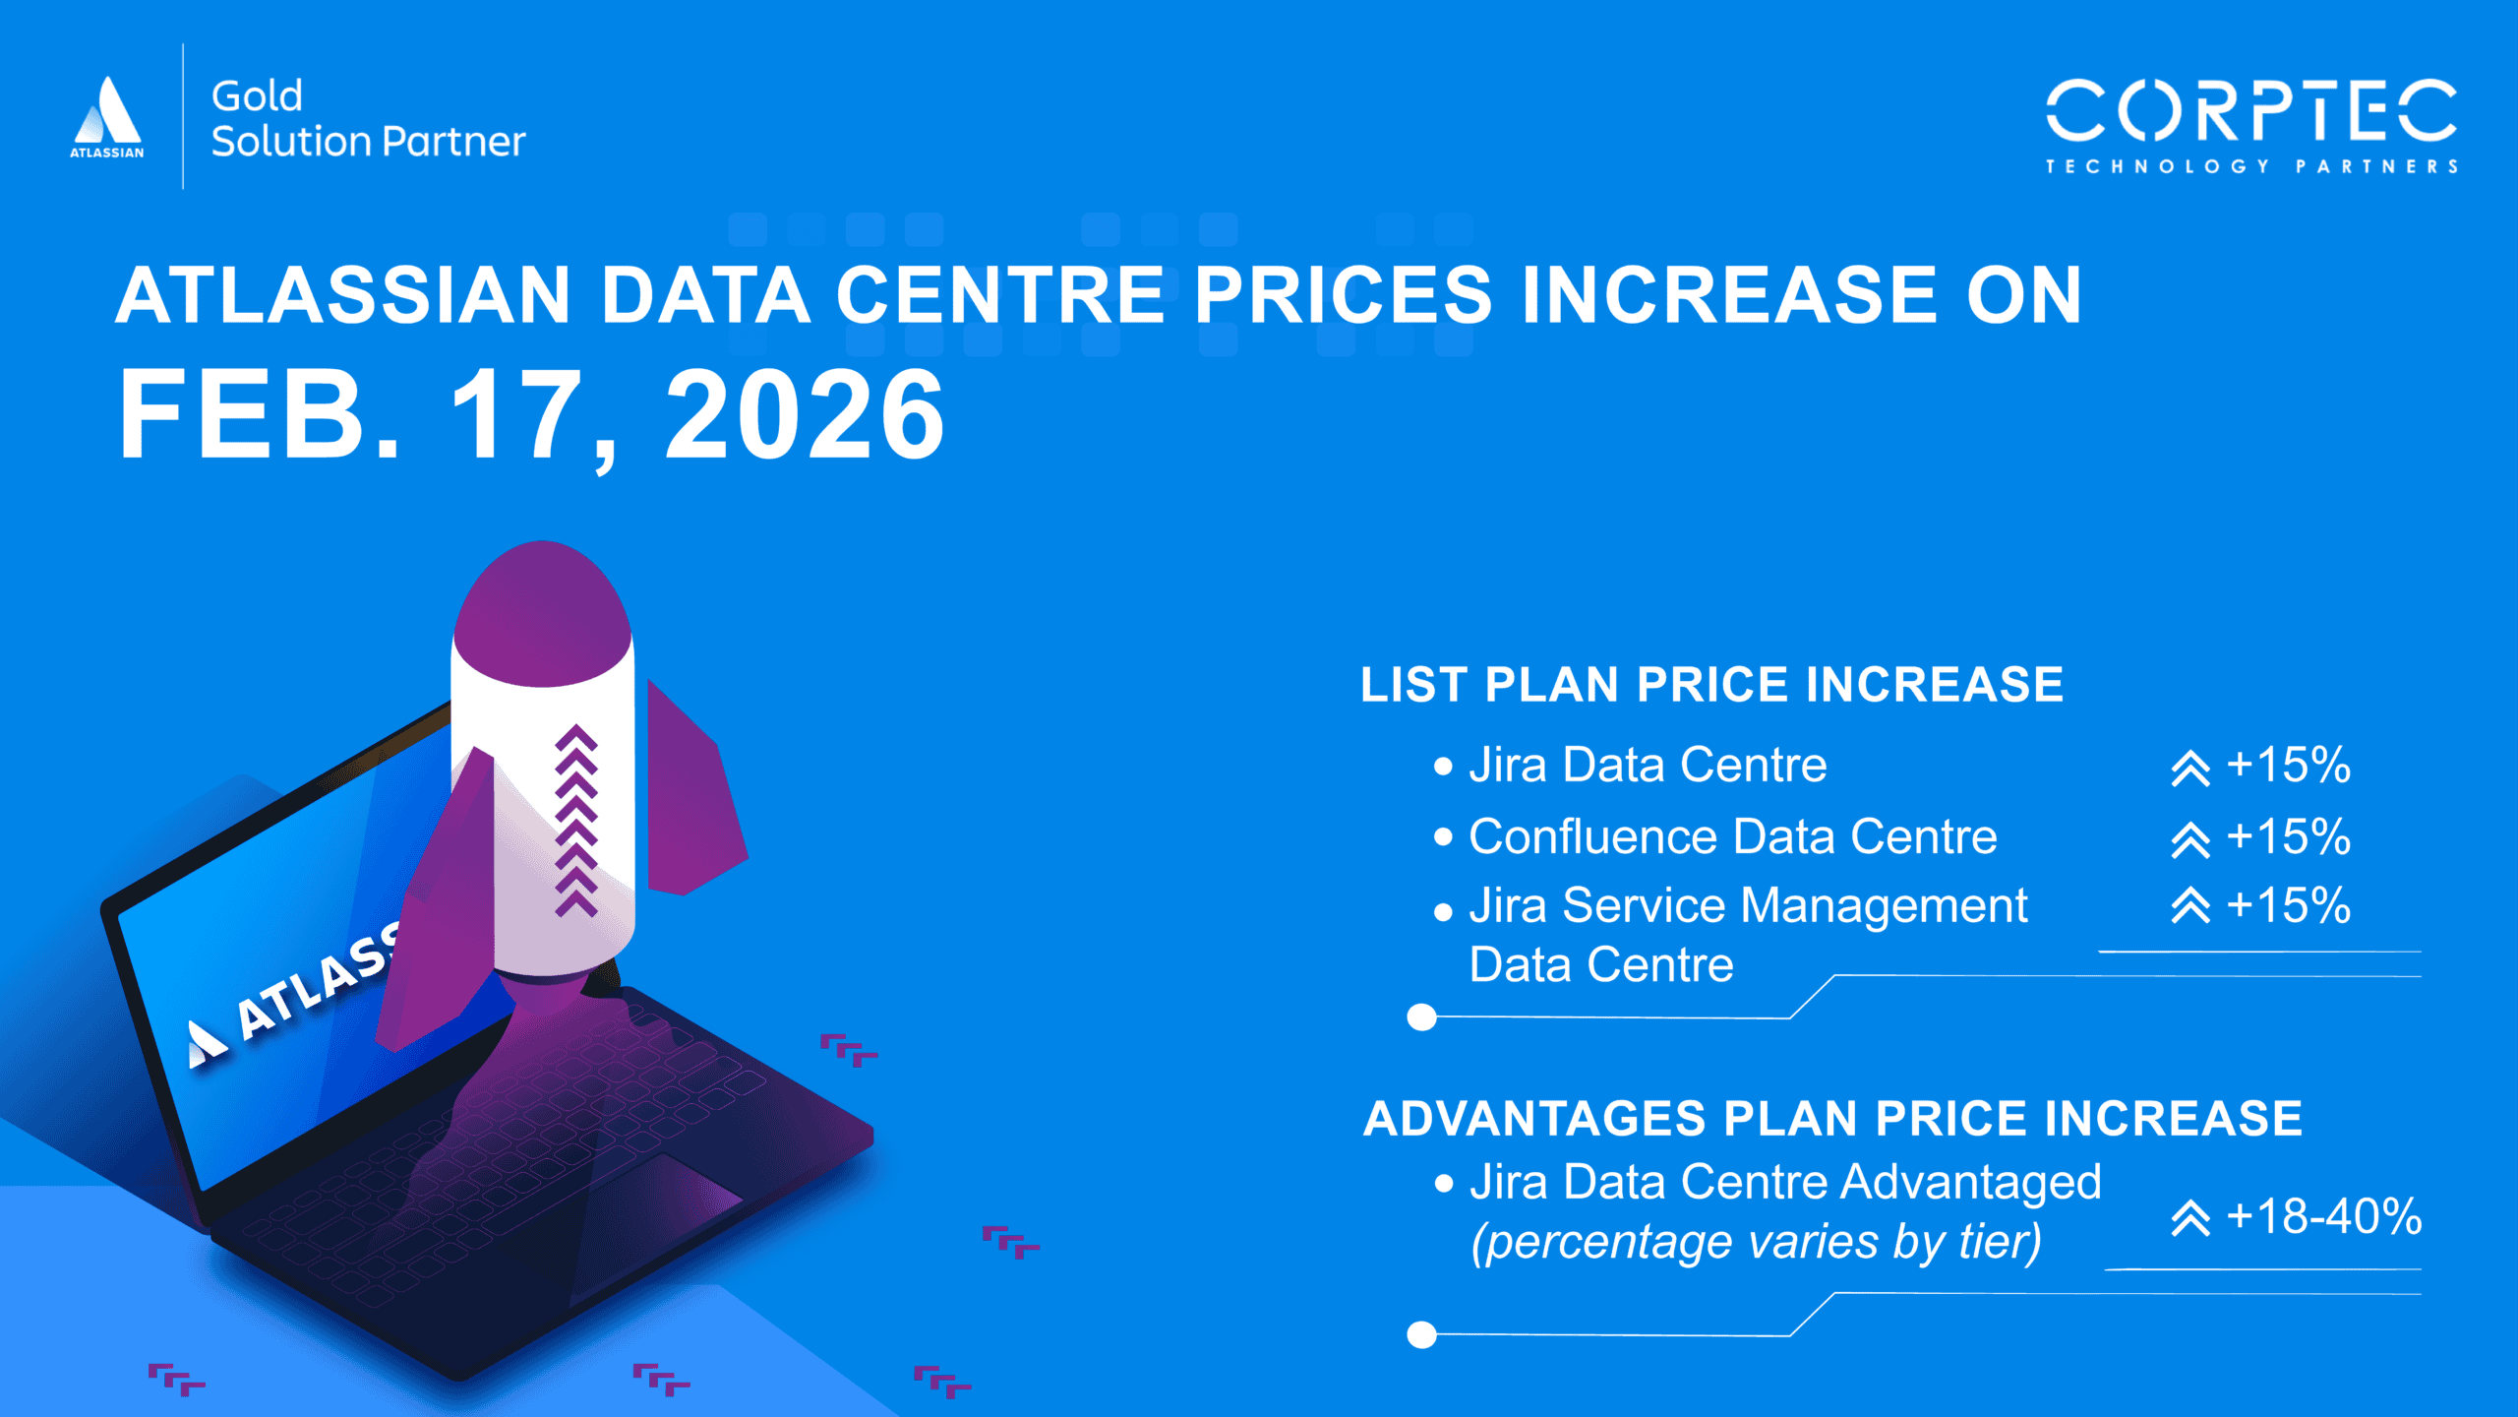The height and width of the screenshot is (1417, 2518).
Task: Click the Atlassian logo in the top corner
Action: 107,116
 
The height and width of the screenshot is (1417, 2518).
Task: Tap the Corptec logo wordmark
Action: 2250,112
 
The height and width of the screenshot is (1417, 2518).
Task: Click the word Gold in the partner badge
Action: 257,96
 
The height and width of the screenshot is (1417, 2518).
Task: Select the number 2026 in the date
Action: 805,414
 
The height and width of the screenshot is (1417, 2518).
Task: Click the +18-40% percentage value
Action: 2323,1217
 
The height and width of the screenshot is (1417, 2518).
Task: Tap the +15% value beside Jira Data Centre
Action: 2288,765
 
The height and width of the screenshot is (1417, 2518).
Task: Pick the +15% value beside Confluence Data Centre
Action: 2288,836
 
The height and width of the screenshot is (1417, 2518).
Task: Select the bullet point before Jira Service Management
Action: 1443,912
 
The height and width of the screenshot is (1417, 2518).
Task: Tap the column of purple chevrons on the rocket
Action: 576,822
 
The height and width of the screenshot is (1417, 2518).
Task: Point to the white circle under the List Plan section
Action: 1421,1017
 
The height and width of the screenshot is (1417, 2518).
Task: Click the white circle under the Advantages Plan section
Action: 1421,1334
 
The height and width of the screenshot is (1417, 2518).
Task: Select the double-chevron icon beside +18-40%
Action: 2190,1218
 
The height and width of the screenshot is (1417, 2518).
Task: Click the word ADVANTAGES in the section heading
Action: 1535,1119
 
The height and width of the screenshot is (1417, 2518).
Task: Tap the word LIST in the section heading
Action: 1413,685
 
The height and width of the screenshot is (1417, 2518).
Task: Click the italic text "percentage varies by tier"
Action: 1756,1242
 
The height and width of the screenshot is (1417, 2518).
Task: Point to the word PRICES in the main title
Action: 1343,295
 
